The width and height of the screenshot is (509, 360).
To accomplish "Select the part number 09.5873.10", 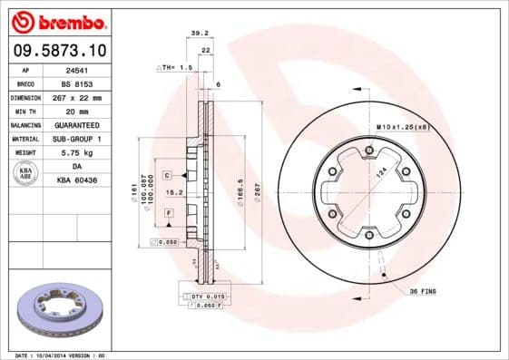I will (x=57, y=51).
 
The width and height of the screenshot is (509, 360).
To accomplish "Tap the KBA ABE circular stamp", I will (x=25, y=173).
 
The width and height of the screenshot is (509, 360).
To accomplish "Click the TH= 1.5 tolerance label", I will (x=176, y=67).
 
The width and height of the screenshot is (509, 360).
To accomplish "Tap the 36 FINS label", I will (x=425, y=290).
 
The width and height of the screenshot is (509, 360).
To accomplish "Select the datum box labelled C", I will (x=168, y=173).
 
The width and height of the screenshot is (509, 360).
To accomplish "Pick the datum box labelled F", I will (x=169, y=211).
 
